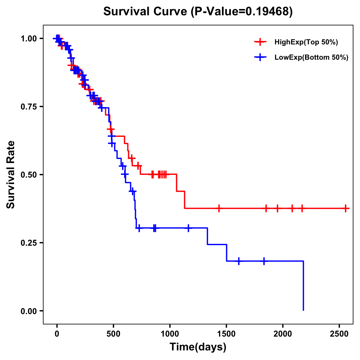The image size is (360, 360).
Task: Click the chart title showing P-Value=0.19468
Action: point(198,12)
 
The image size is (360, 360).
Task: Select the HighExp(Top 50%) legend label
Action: point(306,42)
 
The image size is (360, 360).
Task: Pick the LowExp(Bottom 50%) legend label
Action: point(311,58)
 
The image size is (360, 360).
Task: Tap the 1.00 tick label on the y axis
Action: point(28,39)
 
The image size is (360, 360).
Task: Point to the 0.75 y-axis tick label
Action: point(28,107)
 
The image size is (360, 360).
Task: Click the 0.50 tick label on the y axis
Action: point(28,175)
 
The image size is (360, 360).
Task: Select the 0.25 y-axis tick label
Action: point(28,243)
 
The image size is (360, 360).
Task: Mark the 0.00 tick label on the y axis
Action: point(28,311)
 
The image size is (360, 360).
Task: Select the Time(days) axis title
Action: point(198,347)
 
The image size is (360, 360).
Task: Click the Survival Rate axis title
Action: point(11,174)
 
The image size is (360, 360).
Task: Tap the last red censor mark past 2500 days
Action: point(346,208)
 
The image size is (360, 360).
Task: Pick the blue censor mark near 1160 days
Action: point(188,228)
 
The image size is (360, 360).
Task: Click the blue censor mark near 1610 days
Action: point(239,261)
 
